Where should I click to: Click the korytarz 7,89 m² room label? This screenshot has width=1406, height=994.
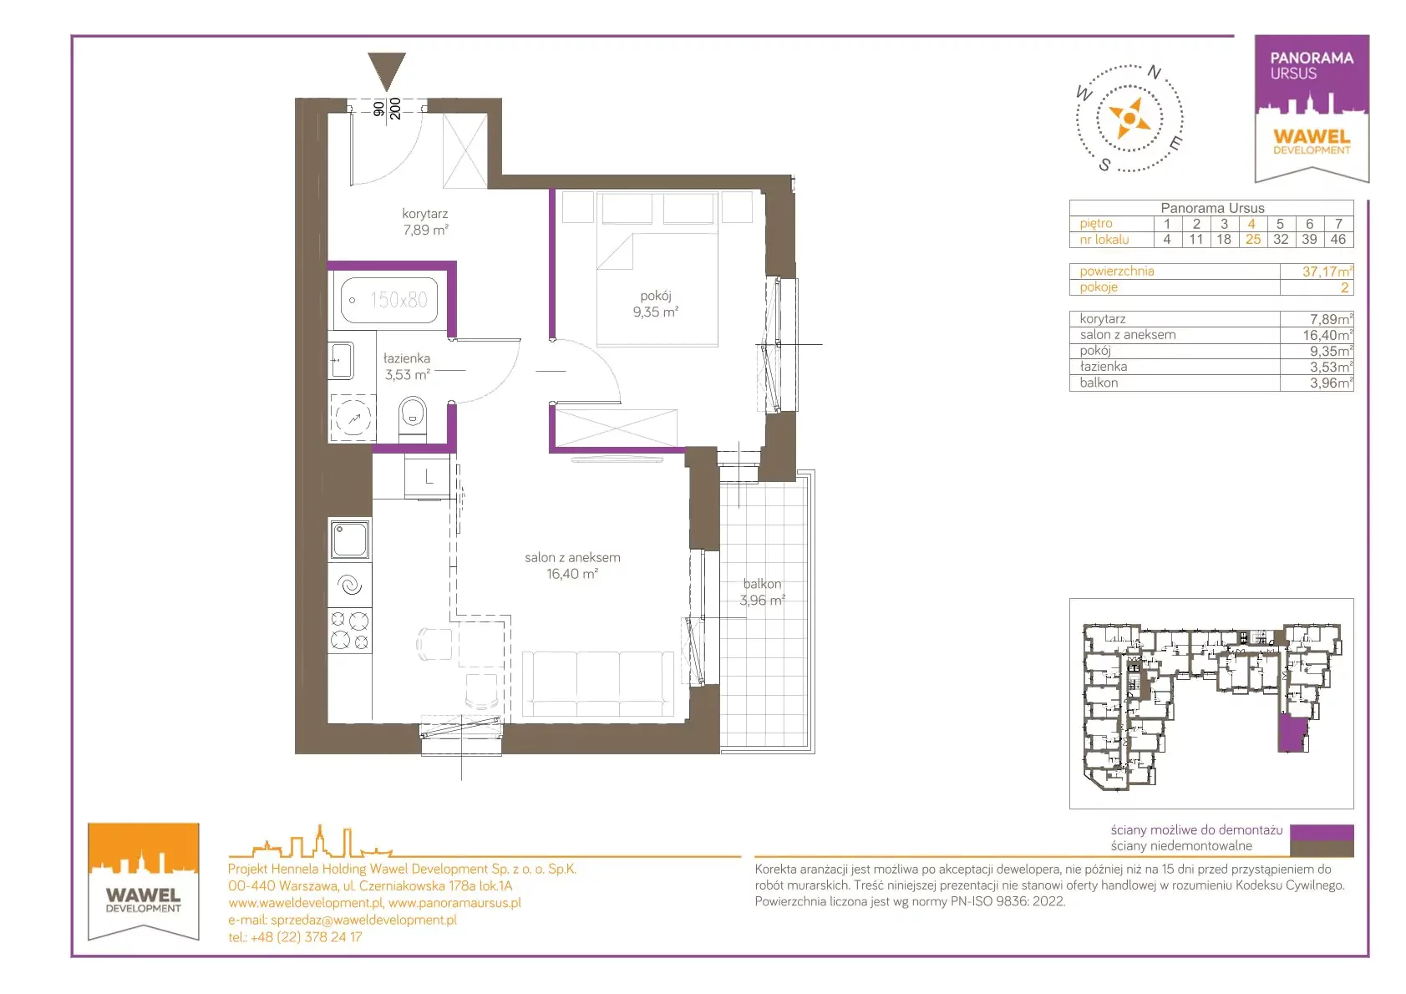click(425, 222)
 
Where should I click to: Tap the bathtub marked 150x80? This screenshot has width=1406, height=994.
click(389, 300)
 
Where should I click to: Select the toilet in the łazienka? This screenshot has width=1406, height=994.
click(413, 417)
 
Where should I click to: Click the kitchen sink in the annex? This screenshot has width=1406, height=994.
click(349, 539)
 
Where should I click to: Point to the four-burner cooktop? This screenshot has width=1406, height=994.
click(349, 631)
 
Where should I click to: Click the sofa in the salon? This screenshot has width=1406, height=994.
click(598, 683)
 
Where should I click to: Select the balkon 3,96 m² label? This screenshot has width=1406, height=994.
click(762, 591)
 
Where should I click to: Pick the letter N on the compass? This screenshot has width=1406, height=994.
click(1154, 73)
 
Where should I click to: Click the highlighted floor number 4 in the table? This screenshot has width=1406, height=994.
click(1251, 224)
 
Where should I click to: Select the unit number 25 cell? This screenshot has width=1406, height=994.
click(1253, 239)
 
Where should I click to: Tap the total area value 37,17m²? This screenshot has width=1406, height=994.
click(1327, 271)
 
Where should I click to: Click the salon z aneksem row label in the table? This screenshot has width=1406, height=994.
click(1127, 335)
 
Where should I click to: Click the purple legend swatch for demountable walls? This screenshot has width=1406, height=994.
click(1322, 831)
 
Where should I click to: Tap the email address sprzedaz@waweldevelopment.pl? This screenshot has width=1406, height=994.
click(363, 920)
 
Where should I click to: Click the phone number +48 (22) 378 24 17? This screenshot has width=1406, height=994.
click(306, 937)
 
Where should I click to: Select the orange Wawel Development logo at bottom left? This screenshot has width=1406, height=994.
click(144, 881)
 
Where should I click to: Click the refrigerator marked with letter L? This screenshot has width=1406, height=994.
click(428, 477)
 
